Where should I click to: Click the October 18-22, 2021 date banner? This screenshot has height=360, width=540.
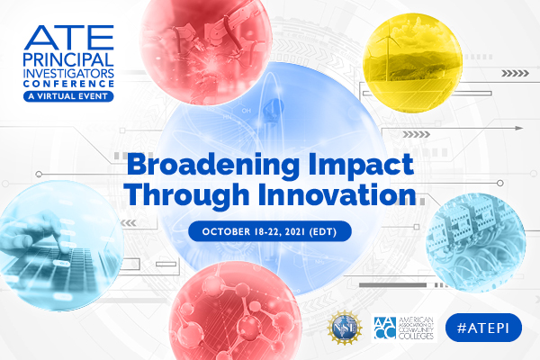coord(270,230)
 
